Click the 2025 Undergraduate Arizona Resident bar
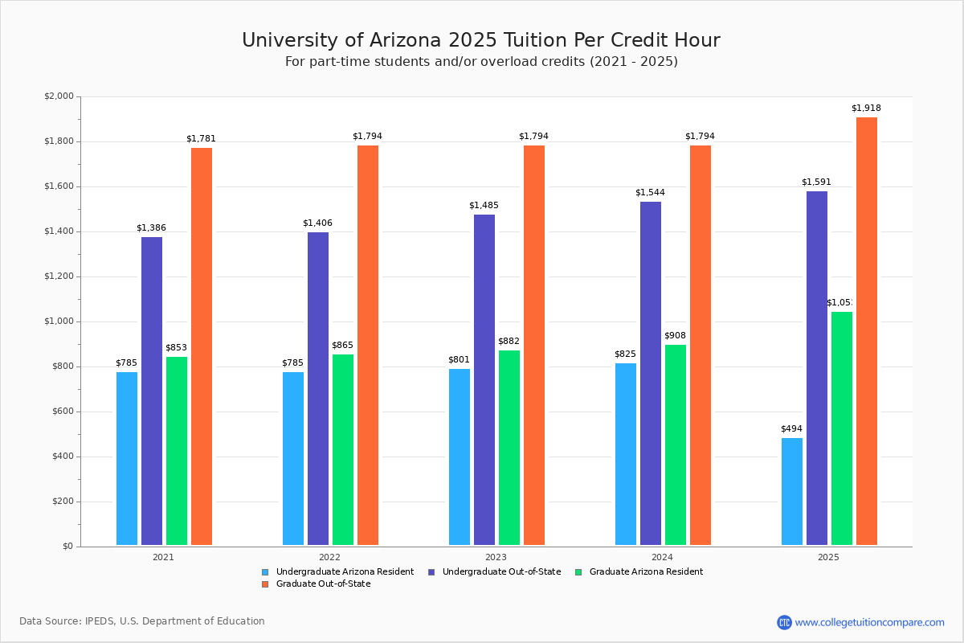tap(791, 491)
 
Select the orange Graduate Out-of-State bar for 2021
tap(202, 346)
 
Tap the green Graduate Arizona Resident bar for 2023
tap(509, 448)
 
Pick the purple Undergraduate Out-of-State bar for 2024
tap(651, 373)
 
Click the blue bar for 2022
tap(293, 458)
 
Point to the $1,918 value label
tap(866, 109)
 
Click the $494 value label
tap(791, 429)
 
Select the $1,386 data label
tap(151, 228)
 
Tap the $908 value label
tap(675, 336)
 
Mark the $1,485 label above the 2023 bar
tap(484, 206)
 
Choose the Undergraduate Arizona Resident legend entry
tap(345, 572)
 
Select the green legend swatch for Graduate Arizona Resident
tap(579, 572)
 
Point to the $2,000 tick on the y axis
tap(59, 96)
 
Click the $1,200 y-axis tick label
tap(59, 276)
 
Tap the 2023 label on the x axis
tap(496, 557)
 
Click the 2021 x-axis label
tap(163, 557)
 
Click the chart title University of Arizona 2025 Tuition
tap(481, 41)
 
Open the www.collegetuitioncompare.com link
tap(869, 622)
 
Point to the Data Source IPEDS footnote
tap(142, 621)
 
